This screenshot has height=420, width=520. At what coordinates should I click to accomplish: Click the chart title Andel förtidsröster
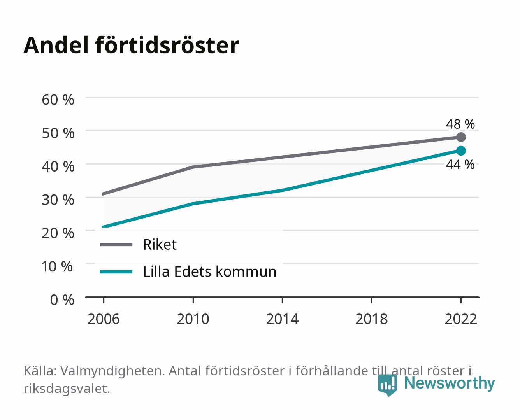coord(131,45)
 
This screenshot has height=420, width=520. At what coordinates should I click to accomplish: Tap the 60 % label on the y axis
coord(58,100)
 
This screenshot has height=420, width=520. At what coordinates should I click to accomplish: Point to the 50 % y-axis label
coord(58,133)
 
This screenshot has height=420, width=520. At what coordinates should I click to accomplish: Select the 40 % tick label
coord(58,166)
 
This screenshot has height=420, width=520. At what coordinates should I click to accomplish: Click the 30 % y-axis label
coord(58,200)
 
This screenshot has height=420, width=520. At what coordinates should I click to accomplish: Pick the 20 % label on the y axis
coord(58,233)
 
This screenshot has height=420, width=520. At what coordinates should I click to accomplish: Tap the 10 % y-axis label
coord(57,266)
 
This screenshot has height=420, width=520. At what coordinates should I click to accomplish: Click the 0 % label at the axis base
coord(62,300)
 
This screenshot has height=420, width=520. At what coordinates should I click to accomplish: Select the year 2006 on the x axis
coord(104,319)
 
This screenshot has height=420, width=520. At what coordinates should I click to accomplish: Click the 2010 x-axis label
coord(193,319)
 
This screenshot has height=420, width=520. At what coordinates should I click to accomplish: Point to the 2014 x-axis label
coord(282,319)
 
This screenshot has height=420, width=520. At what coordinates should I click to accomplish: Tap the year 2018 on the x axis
coord(372,319)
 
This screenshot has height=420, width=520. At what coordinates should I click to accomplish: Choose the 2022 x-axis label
coord(461,319)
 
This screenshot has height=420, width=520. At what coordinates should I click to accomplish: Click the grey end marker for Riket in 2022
coord(461,137)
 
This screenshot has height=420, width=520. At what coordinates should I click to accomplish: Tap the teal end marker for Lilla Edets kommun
coord(461,151)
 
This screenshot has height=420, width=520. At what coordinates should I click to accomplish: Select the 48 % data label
coord(460,124)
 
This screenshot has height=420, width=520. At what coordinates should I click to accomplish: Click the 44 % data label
coord(460,164)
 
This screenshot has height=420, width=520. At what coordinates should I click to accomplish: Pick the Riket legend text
coord(160,244)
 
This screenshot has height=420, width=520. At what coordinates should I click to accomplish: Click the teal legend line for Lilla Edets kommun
coord(116,272)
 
